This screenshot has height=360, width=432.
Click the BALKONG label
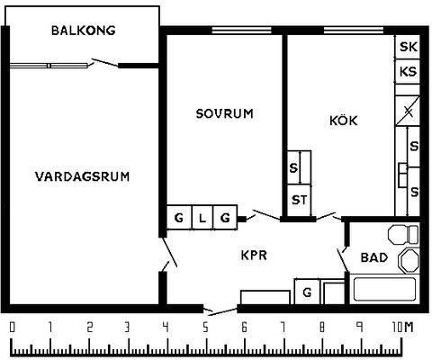pos(84,31)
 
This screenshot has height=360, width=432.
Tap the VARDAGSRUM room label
pos(83,176)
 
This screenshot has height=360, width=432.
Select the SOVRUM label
pos(224,113)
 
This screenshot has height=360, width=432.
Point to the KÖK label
pos(344,120)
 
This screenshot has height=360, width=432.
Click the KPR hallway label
pos(254,256)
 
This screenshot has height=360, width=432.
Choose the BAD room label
pos(374,257)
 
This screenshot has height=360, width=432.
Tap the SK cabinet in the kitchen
pos(408,47)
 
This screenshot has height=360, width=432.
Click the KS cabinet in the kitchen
pos(408,71)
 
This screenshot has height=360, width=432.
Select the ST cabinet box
pos(300,200)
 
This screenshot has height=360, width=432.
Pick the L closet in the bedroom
pos(202,218)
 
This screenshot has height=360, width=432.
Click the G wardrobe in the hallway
pos(307,292)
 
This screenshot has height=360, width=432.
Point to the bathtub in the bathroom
pos(385,289)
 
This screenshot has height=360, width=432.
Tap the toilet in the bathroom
pos(403,235)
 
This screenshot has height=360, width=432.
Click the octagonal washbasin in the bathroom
pos(409,260)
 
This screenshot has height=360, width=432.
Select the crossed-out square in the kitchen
pos(408,111)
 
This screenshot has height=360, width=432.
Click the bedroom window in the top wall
pos(241,31)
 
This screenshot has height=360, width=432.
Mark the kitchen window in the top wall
pos(354,31)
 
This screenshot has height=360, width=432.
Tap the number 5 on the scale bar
pos(205,328)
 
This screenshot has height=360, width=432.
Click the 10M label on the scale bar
pos(402,327)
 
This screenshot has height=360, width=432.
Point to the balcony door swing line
pos(105,62)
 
